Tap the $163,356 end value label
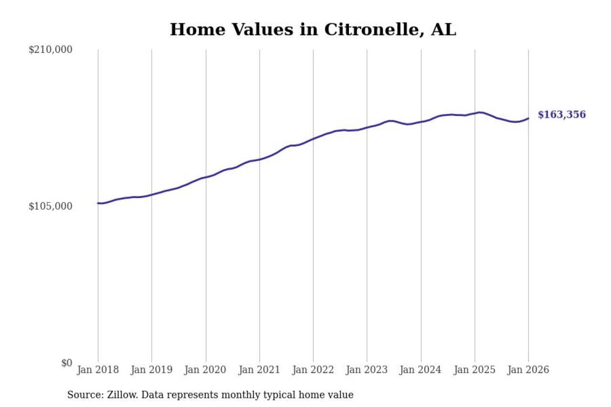coord(561,115)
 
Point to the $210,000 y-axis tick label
coord(51,50)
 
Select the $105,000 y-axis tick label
coord(51,206)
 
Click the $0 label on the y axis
coord(66,363)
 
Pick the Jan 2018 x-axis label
coord(98,370)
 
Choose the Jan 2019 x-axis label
coord(152,370)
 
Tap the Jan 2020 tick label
coord(206,370)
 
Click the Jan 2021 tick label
coord(260,370)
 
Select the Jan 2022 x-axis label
coord(313,370)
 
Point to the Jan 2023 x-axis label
coord(367,370)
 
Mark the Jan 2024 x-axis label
coord(421,370)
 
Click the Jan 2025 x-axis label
coord(475,370)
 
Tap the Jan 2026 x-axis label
coord(528,370)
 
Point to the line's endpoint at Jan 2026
coord(528,118)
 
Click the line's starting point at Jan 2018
coord(98,203)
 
